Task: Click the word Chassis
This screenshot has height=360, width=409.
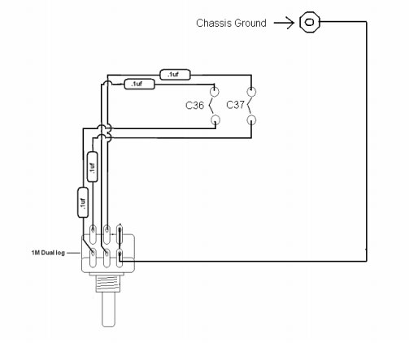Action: point(214,23)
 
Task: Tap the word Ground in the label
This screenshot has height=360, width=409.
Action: point(250,23)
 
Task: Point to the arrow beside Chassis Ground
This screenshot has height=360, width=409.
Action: point(284,23)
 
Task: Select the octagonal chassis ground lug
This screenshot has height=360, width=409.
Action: point(310,22)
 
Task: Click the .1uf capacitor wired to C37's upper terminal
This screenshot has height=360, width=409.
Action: point(175,75)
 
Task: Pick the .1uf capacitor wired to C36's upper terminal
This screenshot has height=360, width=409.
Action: point(139,84)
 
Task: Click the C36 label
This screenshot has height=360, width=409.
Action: point(194,105)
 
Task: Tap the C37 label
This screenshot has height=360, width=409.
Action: point(235,105)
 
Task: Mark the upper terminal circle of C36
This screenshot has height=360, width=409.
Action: point(215,92)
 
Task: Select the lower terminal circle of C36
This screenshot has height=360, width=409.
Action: point(215,119)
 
